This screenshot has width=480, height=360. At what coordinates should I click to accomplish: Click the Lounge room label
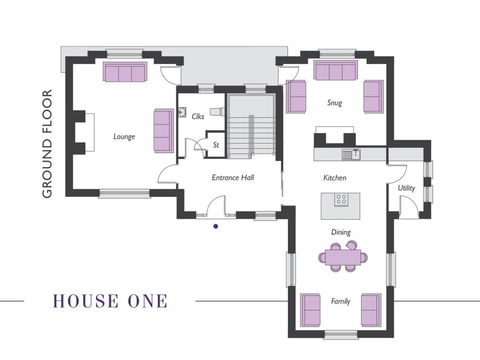[x=124, y=137]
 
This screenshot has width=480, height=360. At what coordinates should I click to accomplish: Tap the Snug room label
[x=334, y=103]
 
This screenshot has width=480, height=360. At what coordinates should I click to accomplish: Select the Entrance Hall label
[x=233, y=178]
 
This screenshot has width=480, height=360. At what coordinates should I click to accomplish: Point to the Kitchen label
[x=335, y=178]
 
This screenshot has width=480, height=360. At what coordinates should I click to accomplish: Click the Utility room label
[x=406, y=188]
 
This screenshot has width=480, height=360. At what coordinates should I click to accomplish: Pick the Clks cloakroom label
[x=198, y=116]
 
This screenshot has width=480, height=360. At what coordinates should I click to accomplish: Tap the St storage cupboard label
[x=216, y=145]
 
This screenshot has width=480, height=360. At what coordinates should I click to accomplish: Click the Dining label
[x=341, y=233]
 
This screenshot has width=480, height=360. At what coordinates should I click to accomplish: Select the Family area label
[x=341, y=301]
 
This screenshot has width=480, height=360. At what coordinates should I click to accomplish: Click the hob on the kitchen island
[x=341, y=199]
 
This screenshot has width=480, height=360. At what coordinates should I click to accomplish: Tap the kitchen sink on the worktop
[x=351, y=155]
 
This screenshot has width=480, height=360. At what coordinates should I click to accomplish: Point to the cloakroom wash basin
[x=182, y=113]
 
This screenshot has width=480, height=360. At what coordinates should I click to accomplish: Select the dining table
[x=343, y=258]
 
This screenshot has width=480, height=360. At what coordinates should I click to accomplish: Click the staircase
[x=251, y=126]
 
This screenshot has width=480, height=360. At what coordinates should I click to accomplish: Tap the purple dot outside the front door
[x=216, y=227]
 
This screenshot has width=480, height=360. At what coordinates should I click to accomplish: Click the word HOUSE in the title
[x=86, y=301]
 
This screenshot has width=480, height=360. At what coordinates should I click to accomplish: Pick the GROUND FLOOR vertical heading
[x=47, y=144]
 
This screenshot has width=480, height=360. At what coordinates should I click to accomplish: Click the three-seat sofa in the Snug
[x=336, y=70]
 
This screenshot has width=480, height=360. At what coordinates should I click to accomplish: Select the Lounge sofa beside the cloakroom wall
[x=164, y=131]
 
